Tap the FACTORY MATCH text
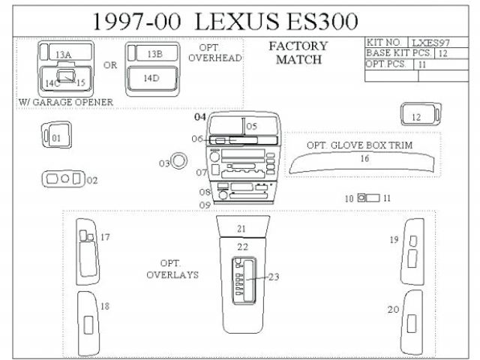click(298, 52)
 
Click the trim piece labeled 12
click(415, 115)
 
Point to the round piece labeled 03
click(178, 160)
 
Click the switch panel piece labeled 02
click(63, 179)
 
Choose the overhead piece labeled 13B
click(152, 54)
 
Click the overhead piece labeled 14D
click(151, 78)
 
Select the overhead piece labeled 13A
click(64, 54)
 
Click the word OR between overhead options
click(110, 65)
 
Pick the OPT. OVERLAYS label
click(172, 269)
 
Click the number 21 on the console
click(241, 228)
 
